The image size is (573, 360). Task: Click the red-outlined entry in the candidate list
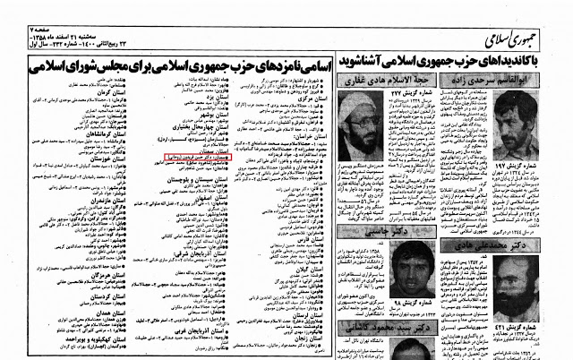tap(193, 154)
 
